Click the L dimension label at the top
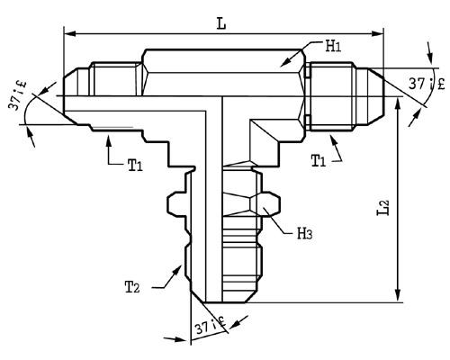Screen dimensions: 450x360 pos(221,23)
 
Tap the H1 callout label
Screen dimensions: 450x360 pos(334,47)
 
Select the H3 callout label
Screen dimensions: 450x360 pos(304,233)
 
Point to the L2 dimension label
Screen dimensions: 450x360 pos(383,207)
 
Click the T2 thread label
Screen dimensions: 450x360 pos(132,287)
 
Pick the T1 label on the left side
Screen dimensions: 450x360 pos(135,165)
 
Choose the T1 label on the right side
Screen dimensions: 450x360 pos(319,160)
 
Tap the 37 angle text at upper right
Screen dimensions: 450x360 pos(427,83)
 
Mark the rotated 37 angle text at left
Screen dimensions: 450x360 pos(17,95)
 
